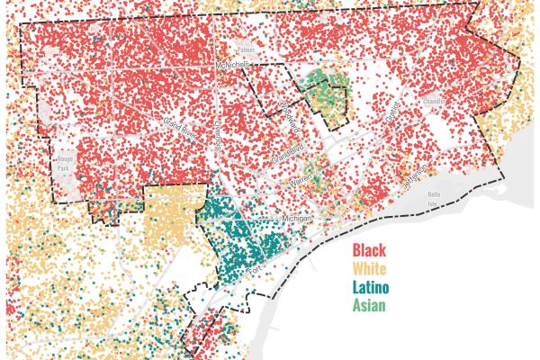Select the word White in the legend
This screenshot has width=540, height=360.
tap(370, 269)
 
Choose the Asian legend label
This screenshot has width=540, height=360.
tap(369, 307)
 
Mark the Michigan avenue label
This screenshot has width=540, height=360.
tap(297, 218)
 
